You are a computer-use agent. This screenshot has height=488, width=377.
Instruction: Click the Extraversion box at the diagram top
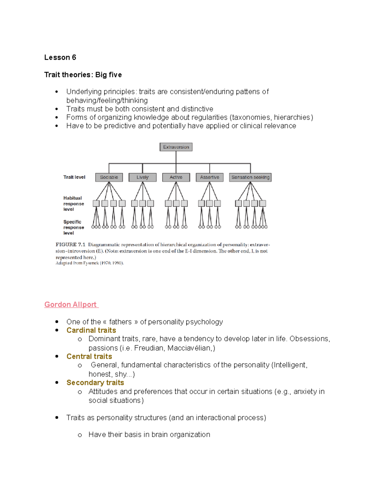(x=176, y=147)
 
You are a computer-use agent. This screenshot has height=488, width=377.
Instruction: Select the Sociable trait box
(x=109, y=177)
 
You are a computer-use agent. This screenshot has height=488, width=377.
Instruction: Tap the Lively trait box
(x=142, y=177)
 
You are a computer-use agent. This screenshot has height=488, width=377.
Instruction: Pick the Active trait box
(x=176, y=177)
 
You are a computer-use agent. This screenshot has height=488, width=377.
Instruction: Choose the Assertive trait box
(x=210, y=177)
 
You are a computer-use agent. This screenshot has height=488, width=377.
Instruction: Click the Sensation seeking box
(x=250, y=177)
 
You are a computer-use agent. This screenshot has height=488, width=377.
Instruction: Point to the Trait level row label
(x=74, y=177)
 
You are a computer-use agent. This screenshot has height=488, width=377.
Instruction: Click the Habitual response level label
(x=73, y=204)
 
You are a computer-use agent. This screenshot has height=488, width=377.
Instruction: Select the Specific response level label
(x=73, y=228)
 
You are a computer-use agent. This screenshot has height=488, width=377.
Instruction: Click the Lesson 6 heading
(x=60, y=58)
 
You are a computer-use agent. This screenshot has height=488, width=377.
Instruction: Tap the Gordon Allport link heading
(x=71, y=304)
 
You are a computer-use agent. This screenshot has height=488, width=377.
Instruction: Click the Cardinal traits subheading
(x=91, y=330)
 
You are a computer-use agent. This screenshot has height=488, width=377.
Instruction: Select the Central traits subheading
(x=89, y=356)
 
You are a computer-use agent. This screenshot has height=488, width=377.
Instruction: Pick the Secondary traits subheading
(x=95, y=383)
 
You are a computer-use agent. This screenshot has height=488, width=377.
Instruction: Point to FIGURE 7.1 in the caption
(x=70, y=244)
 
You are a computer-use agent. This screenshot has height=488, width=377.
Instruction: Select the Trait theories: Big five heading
(x=83, y=75)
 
